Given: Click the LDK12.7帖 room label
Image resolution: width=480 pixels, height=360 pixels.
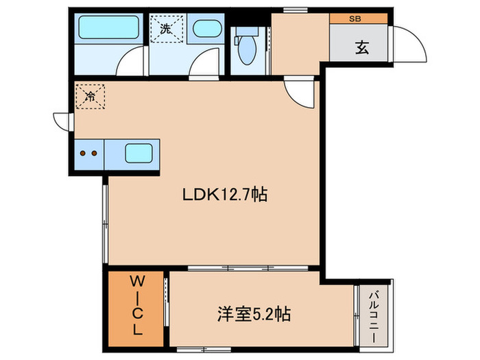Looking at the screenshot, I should click(224, 195).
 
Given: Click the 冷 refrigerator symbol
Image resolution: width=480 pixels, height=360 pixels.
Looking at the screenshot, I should click(90, 97).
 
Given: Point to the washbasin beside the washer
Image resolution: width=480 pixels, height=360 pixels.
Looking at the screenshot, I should click(205, 29).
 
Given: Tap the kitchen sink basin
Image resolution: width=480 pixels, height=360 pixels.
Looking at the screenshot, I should click(139, 153).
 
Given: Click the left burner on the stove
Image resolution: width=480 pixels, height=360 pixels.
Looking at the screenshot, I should click(84, 154).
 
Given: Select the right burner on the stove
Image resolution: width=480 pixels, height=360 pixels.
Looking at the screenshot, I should click(94, 154).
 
